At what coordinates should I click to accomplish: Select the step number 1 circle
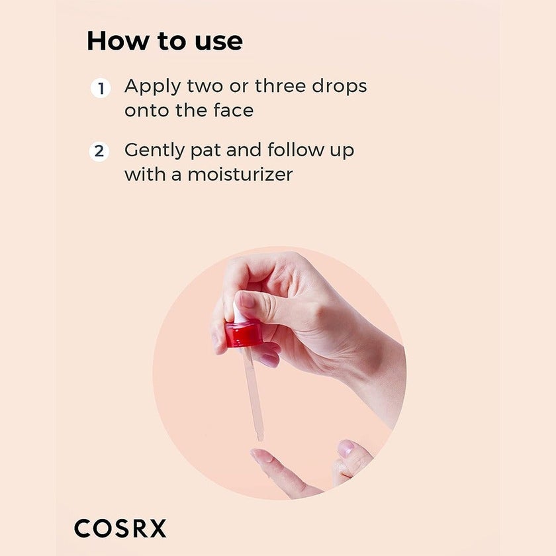tap(100, 88)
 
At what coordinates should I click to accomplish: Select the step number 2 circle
tap(99, 152)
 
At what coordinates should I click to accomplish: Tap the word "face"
tap(233, 110)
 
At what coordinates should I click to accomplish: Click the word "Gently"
tap(155, 151)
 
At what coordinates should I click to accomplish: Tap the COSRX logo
tap(120, 528)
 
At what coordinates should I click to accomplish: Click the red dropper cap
tap(243, 334)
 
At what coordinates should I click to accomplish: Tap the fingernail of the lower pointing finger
tap(261, 455)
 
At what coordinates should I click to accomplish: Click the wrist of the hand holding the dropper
tap(377, 371)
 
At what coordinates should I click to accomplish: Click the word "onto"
tap(148, 111)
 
